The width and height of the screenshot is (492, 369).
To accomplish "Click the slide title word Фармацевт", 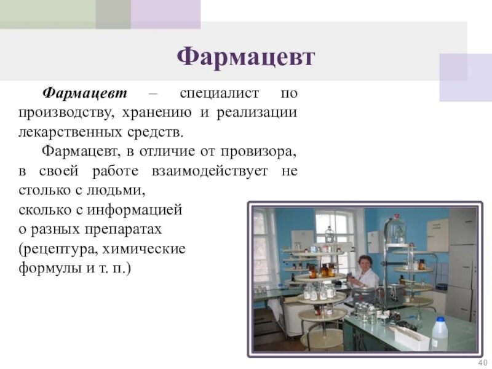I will pos(245,58).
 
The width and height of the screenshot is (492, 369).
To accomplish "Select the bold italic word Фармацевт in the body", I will pos(84,93).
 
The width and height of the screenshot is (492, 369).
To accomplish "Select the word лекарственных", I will pos(65,132).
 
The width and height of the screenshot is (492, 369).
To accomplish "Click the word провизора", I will pos(261,151).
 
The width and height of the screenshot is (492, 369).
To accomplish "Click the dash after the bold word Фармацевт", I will pos(153,94).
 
